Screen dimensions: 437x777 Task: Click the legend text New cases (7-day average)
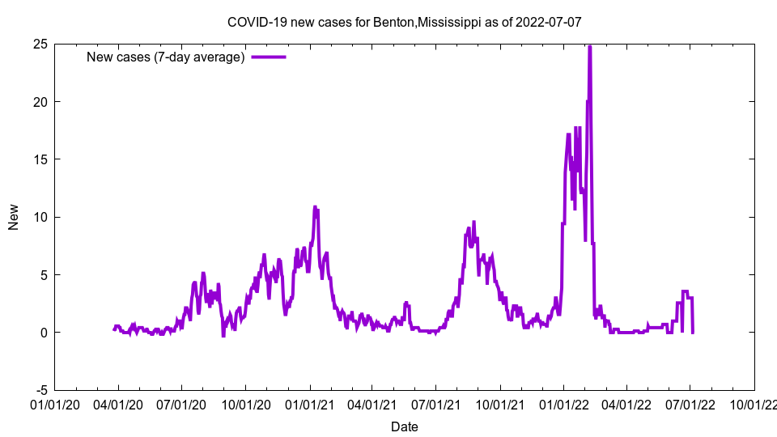(x=165, y=57)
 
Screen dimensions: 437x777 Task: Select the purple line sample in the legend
(x=269, y=57)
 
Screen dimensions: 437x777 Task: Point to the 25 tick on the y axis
(x=40, y=44)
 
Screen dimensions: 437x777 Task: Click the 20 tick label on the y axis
(x=40, y=101)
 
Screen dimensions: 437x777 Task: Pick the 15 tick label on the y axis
(x=40, y=159)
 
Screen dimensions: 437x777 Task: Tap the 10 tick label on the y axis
(x=40, y=217)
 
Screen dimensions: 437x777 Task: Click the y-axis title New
(x=14, y=217)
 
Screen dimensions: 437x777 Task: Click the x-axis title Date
(x=405, y=426)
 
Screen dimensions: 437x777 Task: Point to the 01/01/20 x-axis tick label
(x=55, y=403)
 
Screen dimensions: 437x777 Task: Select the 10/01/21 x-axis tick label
(x=500, y=403)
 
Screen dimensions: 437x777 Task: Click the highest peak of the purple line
(x=589, y=47)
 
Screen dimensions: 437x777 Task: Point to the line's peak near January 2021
(x=315, y=207)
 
